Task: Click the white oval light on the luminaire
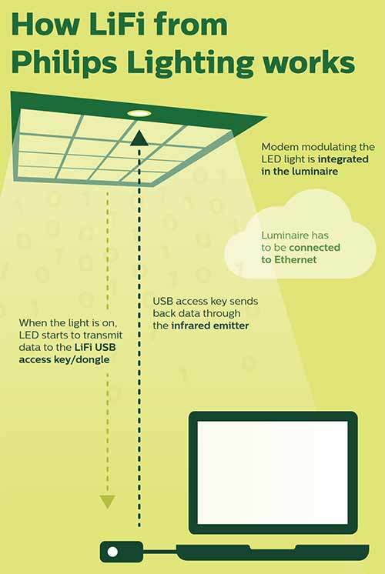click(x=139, y=114)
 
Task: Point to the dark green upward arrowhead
click(x=139, y=138)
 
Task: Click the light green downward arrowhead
click(x=108, y=502)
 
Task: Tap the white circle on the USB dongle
click(x=112, y=552)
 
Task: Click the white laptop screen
click(x=273, y=472)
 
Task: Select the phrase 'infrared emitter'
click(x=210, y=325)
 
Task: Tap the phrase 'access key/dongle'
click(x=64, y=359)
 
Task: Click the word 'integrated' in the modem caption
click(x=343, y=159)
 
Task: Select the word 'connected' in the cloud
click(x=315, y=248)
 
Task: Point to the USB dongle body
click(x=121, y=552)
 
